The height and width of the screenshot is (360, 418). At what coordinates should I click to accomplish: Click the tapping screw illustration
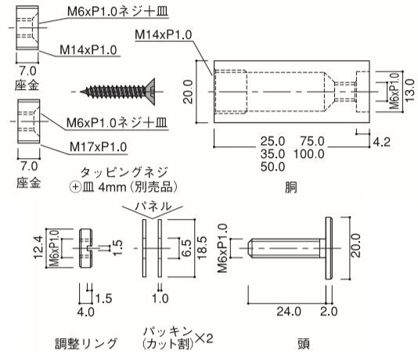click(118, 92)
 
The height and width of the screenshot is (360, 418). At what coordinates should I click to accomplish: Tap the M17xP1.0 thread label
click(98, 147)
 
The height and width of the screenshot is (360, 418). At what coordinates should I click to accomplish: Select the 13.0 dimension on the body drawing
click(409, 90)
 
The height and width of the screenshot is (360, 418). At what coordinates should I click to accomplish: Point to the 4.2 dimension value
click(381, 142)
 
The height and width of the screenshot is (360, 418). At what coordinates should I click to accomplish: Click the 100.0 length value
click(309, 154)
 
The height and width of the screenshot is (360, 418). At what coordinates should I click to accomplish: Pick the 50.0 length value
click(272, 167)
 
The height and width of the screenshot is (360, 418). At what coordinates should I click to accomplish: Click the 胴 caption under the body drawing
click(290, 187)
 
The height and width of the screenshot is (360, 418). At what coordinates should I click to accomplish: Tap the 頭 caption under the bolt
click(304, 344)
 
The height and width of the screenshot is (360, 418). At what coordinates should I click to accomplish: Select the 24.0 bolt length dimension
click(289, 311)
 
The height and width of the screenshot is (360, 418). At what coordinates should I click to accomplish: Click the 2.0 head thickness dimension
click(329, 311)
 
